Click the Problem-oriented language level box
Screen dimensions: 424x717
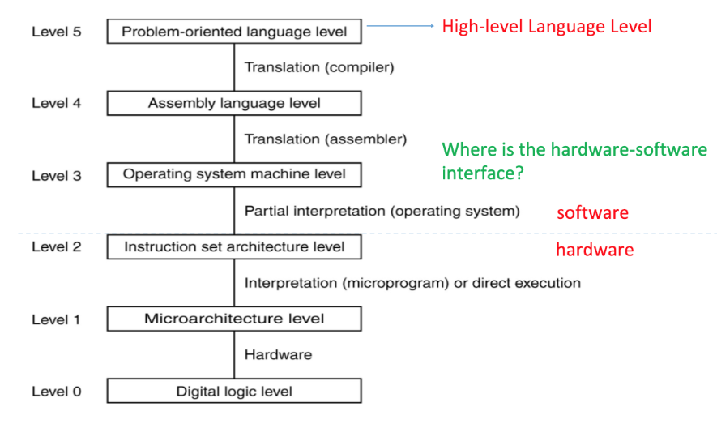click(x=234, y=32)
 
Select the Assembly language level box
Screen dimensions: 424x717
click(x=234, y=103)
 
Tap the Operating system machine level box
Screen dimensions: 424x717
click(x=234, y=174)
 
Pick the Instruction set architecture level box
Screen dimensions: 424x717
click(x=234, y=246)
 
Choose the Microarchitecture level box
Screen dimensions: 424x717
click(x=234, y=319)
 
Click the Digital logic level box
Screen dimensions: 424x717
click(x=234, y=392)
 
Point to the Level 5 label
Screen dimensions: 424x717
click(x=56, y=32)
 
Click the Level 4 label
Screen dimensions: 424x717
click(x=56, y=104)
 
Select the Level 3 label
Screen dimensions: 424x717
click(x=56, y=175)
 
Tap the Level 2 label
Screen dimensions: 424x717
click(x=56, y=246)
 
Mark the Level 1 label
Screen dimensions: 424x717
click(x=56, y=319)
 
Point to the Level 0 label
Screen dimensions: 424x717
click(x=56, y=392)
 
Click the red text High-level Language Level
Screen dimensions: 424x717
click(x=546, y=27)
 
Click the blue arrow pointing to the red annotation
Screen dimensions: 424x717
click(x=400, y=26)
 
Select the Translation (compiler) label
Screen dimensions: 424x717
click(x=319, y=67)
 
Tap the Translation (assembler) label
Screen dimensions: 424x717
click(x=326, y=139)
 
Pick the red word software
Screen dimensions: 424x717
click(x=592, y=213)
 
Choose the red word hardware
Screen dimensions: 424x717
click(x=595, y=250)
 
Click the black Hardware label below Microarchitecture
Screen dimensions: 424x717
click(x=278, y=354)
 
